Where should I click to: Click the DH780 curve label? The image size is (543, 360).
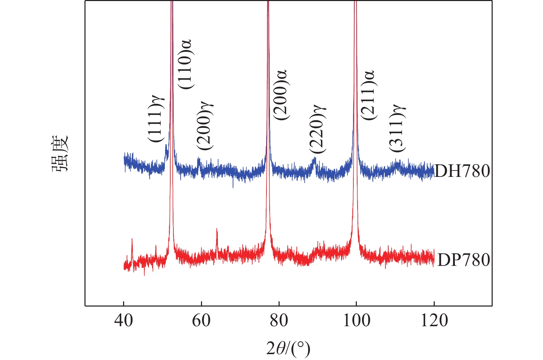[x=462, y=171]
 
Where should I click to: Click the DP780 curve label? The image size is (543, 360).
[x=463, y=260]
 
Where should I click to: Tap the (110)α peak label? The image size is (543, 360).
[x=185, y=64]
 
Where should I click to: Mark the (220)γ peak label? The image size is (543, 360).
[x=317, y=129]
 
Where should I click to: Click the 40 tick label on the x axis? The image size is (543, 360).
[x=123, y=321]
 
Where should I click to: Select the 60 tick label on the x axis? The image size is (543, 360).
[x=201, y=321]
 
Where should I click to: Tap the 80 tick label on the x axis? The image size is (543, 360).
[x=279, y=321]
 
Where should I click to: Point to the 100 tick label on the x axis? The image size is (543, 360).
[x=356, y=321]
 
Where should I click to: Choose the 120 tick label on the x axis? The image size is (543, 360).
[x=434, y=321]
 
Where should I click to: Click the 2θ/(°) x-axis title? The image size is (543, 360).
[x=288, y=348]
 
